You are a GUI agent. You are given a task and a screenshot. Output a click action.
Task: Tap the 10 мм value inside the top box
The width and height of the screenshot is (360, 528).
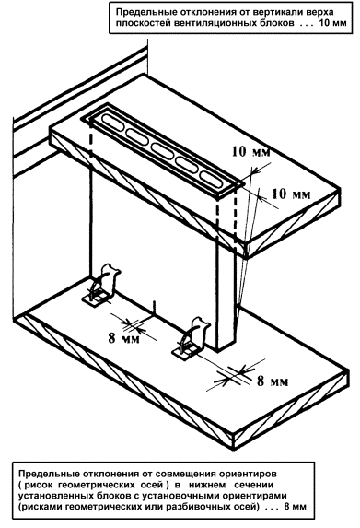click(332, 23)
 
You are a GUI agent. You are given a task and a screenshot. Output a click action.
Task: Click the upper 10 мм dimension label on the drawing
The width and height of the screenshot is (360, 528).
click(250, 152)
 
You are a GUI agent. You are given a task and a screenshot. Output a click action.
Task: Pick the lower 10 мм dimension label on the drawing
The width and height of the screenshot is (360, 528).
click(291, 194)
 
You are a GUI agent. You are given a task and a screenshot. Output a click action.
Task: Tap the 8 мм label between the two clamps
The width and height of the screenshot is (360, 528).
click(123, 338)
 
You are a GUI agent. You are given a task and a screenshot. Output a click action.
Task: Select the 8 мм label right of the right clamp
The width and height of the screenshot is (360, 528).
click(273, 381)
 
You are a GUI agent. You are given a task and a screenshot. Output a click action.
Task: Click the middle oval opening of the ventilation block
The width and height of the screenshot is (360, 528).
click(162, 150)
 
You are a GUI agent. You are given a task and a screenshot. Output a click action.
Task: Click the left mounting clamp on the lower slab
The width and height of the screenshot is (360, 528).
click(102, 286)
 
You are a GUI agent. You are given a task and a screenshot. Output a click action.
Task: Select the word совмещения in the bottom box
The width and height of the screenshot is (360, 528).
click(187, 474)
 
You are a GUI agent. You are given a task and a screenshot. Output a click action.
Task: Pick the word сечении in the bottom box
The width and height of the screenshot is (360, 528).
click(254, 485)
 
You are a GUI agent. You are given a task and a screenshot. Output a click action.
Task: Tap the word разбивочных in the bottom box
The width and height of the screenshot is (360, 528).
click(195, 507)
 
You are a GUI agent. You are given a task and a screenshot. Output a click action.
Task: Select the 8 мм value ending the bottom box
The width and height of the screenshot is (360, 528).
click(295, 507)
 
